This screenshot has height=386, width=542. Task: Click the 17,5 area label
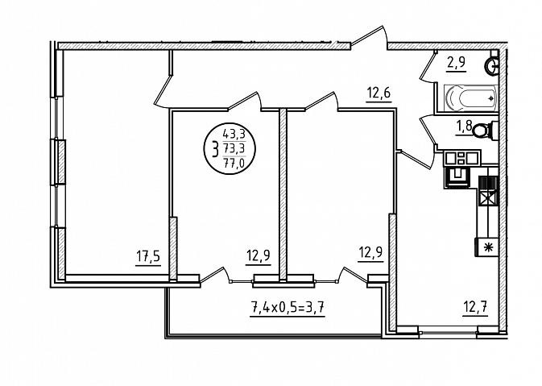(x=148, y=257)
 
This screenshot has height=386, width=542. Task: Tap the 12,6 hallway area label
(x=379, y=93)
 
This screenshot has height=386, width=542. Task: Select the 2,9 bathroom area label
(x=456, y=63)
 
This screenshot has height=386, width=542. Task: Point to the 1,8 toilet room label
(x=464, y=126)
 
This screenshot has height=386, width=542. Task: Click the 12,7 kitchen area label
(x=475, y=307)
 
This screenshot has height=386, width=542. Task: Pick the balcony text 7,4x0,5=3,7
(x=288, y=307)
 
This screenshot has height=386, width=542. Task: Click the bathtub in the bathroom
(x=471, y=98)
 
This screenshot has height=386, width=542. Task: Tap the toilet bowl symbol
(x=485, y=131)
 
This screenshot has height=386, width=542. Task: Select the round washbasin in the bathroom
(x=491, y=66)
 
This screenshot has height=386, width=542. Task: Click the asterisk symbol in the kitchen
(x=488, y=247)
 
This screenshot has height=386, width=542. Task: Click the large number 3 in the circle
(x=215, y=151)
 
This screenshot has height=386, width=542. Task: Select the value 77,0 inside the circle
(x=234, y=162)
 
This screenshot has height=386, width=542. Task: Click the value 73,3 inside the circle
(x=234, y=148)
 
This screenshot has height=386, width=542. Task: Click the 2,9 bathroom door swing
(x=428, y=68)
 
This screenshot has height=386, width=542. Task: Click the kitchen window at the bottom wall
(x=448, y=331)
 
